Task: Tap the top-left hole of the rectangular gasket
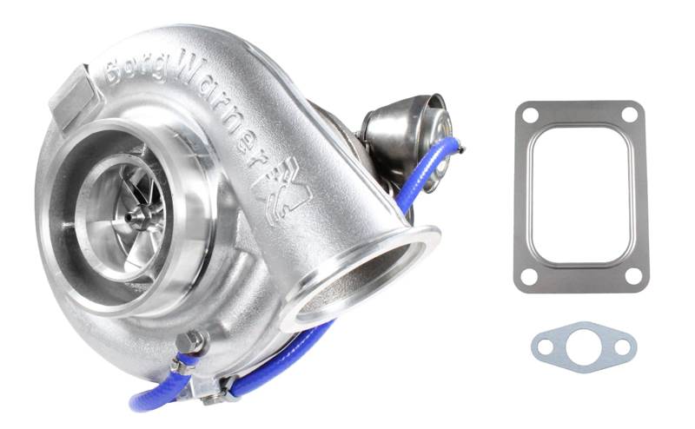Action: tap(530, 115)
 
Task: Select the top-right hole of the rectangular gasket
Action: tap(629, 114)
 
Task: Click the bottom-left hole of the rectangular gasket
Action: tap(528, 277)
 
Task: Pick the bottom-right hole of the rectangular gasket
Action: tap(633, 276)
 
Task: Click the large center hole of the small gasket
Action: tap(583, 346)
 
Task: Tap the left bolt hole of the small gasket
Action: tap(546, 346)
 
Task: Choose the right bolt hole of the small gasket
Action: tap(622, 347)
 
